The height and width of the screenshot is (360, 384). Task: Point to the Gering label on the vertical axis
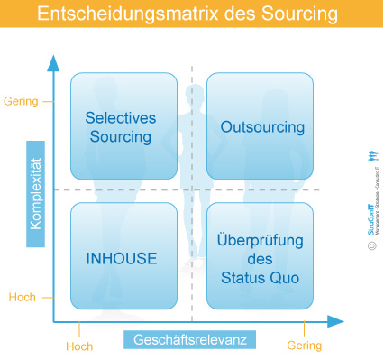(22, 101)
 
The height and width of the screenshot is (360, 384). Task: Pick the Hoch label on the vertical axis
(22, 297)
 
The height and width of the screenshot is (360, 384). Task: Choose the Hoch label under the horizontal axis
(79, 346)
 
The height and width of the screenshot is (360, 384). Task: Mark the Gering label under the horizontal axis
(304, 346)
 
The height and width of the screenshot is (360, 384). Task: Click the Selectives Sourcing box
(123, 126)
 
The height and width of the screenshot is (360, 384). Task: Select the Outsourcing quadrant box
(261, 126)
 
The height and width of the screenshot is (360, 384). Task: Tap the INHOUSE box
(123, 257)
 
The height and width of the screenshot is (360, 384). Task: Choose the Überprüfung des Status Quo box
(261, 257)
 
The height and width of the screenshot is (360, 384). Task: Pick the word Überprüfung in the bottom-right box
(261, 240)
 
